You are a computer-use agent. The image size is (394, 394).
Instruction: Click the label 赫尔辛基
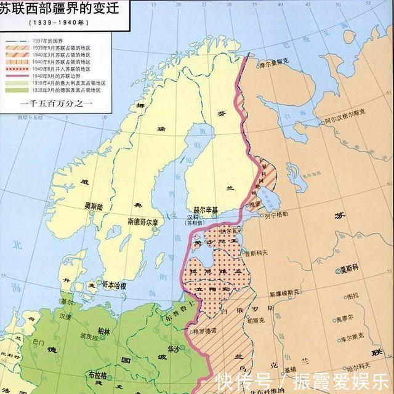click(206, 209)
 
